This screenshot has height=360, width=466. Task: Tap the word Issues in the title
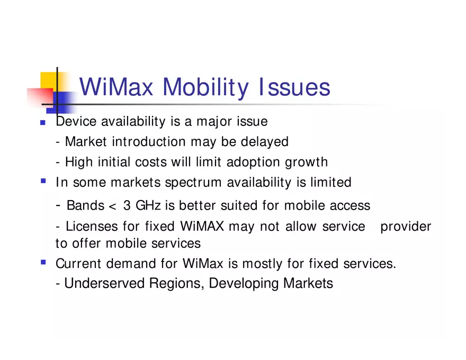[x=295, y=87]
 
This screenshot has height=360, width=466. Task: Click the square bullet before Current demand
[x=43, y=262]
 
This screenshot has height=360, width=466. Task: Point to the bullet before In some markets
[x=43, y=181]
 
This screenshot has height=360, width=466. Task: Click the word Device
[x=76, y=122]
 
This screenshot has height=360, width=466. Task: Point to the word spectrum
[x=193, y=183]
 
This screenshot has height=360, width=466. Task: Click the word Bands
[x=85, y=205]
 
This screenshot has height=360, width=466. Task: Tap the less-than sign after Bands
[x=112, y=206]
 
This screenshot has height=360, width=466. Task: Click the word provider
[x=406, y=227]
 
